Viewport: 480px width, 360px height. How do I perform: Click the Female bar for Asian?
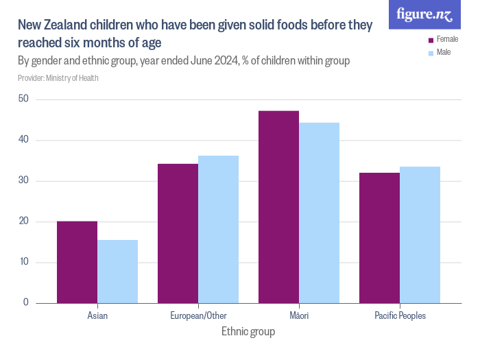[77, 262]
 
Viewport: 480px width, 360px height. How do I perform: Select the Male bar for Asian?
[117, 272]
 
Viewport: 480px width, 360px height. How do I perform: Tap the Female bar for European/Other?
[178, 233]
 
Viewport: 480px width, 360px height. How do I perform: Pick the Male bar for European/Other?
[218, 229]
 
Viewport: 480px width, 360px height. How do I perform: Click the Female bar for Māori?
[278, 207]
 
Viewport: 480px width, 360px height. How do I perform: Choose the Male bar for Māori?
[319, 213]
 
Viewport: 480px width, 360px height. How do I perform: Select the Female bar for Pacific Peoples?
[379, 238]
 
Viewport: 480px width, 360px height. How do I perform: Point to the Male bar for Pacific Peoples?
[420, 235]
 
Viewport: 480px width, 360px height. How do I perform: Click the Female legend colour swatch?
[431, 40]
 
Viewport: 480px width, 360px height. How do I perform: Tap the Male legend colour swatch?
[431, 53]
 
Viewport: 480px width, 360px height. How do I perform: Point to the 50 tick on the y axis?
[23, 99]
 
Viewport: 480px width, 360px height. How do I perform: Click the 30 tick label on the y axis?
[23, 181]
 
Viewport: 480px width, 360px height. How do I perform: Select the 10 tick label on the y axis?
[23, 263]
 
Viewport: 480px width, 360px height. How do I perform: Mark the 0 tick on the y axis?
[26, 303]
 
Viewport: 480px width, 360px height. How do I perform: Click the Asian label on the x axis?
[97, 316]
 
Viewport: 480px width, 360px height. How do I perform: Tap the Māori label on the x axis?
[299, 316]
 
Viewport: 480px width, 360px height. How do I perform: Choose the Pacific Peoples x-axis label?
[400, 316]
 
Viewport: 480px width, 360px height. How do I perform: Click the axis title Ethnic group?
[248, 332]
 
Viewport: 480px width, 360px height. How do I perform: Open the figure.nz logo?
[424, 14]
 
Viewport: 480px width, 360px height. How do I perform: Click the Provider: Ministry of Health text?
[58, 78]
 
